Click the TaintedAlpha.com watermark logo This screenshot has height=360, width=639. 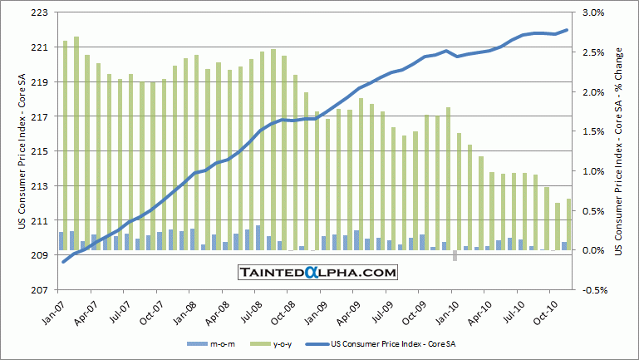coord(317,272)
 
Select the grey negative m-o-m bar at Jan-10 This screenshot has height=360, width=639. coord(455,255)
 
